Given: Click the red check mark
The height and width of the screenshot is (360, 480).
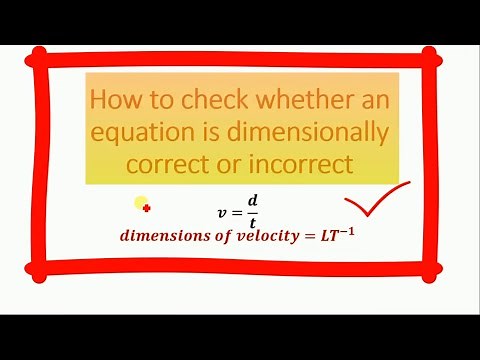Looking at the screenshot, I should point(376,198).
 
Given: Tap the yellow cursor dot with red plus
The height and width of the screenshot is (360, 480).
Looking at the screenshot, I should point(143,205).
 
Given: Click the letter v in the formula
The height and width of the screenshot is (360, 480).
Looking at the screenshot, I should point(222,213).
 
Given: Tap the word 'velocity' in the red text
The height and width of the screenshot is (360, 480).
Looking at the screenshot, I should point(260,238).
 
